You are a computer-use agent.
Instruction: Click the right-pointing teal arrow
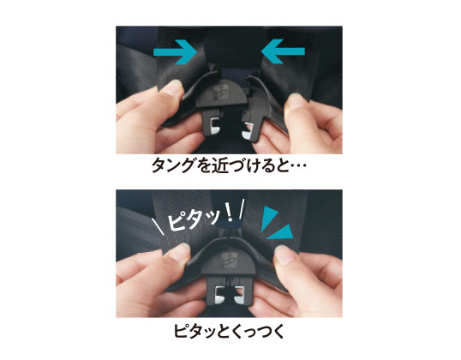pyautogui.click(x=175, y=52)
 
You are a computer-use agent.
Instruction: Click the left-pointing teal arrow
pyautogui.click(x=283, y=51)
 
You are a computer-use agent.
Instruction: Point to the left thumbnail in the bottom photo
pyautogui.click(x=179, y=252)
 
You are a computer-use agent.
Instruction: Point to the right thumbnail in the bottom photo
pyautogui.click(x=283, y=254)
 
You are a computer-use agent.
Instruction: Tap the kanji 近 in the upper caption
pyautogui.click(x=219, y=165)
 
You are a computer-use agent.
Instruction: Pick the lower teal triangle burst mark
pyautogui.click(x=281, y=232)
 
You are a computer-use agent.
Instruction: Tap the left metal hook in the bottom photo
pyautogui.click(x=220, y=294)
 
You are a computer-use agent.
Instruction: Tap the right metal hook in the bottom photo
pyautogui.click(x=239, y=295)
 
